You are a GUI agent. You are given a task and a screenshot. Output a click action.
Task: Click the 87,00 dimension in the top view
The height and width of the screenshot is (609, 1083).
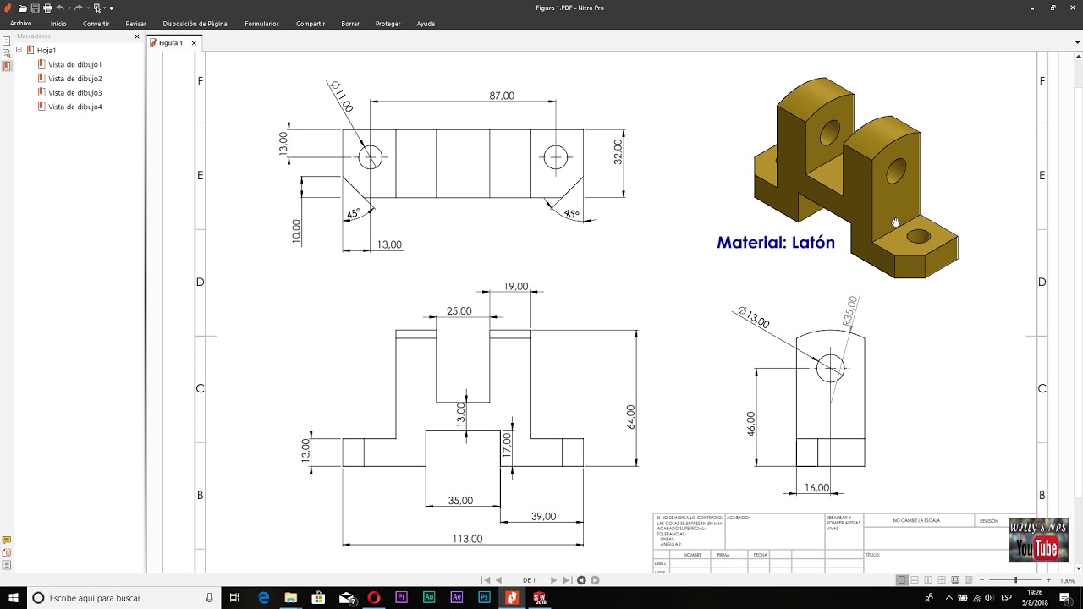point(501,96)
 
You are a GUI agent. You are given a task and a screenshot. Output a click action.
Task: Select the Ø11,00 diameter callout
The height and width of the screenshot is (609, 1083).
point(342,96)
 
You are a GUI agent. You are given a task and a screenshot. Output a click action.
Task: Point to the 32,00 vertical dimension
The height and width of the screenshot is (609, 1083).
point(618,151)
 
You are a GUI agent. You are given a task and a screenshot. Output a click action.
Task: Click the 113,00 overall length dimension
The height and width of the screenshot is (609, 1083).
point(467,539)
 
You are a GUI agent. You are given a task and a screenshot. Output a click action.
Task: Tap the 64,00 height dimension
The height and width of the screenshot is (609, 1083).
point(630,417)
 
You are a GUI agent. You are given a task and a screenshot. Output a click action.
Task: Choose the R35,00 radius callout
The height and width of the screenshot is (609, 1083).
point(850,311)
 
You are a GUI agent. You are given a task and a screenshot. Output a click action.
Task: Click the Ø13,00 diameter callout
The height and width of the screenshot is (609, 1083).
point(753,318)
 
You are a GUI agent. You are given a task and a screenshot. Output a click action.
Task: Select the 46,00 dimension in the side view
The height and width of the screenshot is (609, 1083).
point(750,423)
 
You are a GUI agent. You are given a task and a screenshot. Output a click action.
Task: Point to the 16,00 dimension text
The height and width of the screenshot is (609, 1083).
point(816,488)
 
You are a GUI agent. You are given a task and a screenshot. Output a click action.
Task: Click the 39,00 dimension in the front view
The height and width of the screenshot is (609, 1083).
point(543,516)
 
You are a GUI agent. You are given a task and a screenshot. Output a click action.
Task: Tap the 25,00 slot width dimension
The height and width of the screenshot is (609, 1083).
point(459,311)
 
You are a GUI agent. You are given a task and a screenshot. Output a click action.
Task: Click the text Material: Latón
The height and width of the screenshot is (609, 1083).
point(776,243)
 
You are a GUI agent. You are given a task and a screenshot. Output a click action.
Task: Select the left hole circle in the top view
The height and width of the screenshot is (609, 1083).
point(370,157)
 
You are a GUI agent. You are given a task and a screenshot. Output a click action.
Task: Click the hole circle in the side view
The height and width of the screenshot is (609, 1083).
point(830,368)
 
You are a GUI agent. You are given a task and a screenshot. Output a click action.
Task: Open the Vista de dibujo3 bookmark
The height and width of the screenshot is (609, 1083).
point(74,93)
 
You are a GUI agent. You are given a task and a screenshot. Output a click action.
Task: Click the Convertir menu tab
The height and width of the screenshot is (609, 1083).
point(96,24)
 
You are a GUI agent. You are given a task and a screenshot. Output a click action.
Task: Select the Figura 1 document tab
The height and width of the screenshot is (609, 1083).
point(171,43)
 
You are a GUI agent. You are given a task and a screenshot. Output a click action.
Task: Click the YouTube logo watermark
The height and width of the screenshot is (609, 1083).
point(1036,548)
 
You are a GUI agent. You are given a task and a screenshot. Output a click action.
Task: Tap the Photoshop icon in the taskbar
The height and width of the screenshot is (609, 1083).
point(484,598)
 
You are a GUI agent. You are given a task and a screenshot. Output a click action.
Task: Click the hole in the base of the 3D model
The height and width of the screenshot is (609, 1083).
point(918,237)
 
